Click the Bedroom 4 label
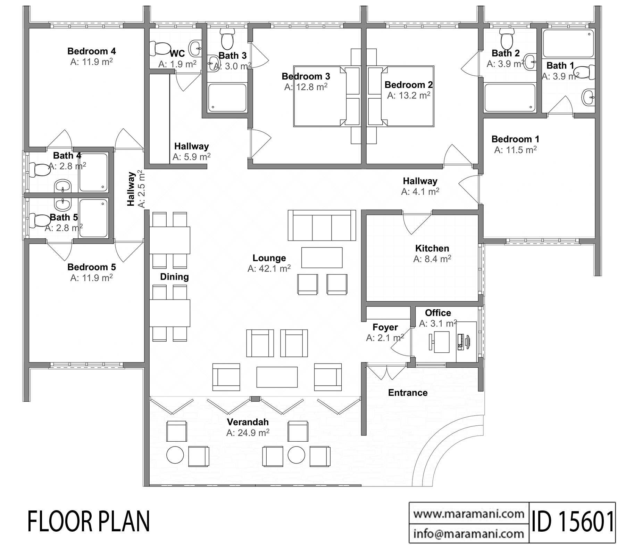click(x=92, y=51)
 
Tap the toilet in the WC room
click(x=158, y=48)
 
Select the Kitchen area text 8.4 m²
click(x=432, y=259)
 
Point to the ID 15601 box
click(x=572, y=522)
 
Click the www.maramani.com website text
click(x=469, y=513)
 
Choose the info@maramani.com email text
click(x=469, y=533)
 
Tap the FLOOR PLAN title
click(x=89, y=522)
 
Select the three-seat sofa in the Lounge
click(x=322, y=225)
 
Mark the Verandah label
click(x=248, y=422)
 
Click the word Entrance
click(x=408, y=393)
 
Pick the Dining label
click(x=174, y=277)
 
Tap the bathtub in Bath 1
click(x=568, y=43)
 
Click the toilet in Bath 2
click(x=506, y=39)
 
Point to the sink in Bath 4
click(x=63, y=186)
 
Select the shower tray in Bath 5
click(x=93, y=218)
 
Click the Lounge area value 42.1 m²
click(x=269, y=269)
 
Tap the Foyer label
click(x=385, y=327)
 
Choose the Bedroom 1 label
click(x=515, y=139)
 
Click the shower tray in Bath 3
click(x=227, y=98)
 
